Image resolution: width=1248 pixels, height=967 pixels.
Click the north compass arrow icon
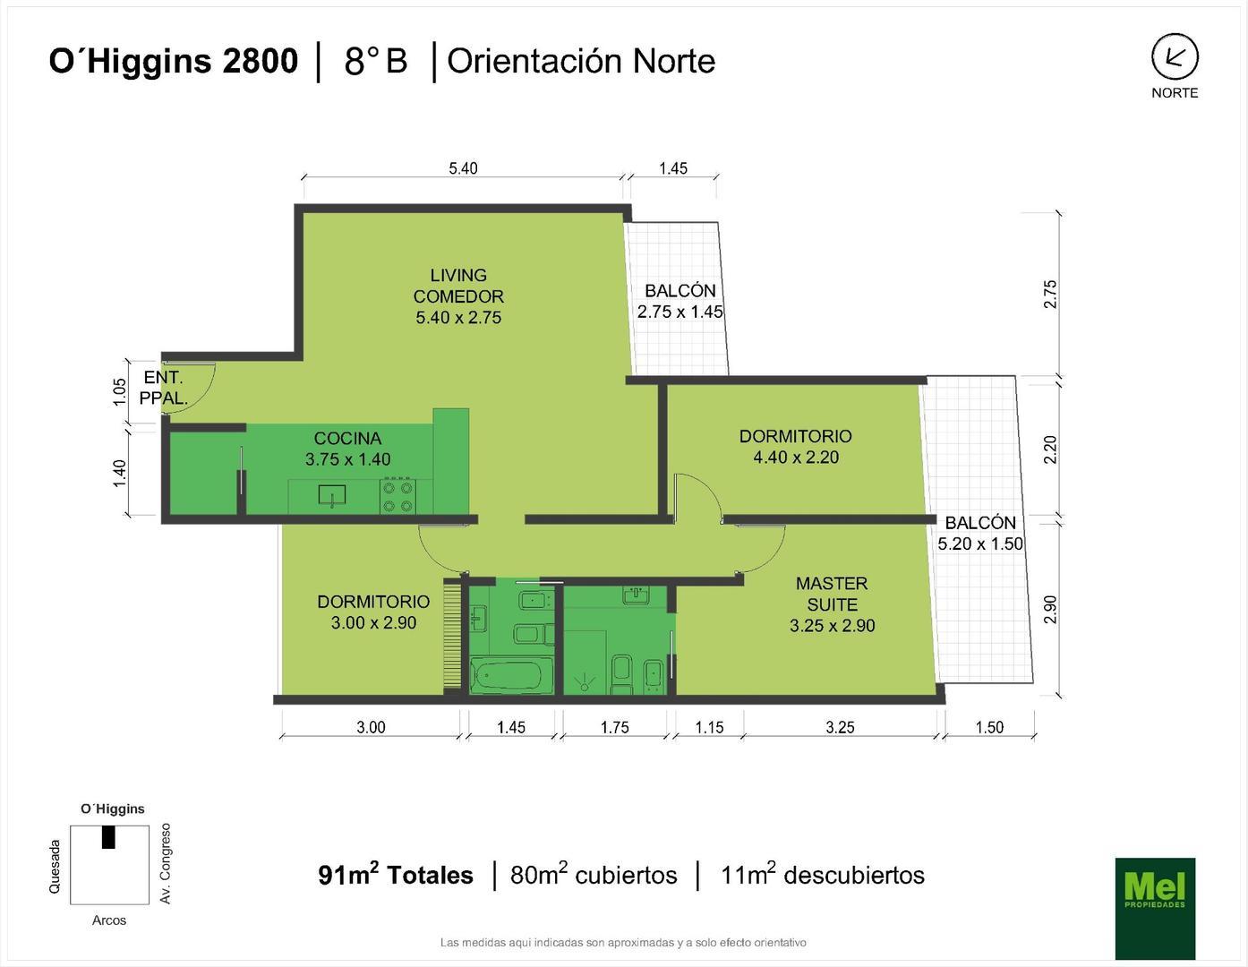click(1174, 58)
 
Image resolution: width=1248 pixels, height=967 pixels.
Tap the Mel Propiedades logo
click(1154, 907)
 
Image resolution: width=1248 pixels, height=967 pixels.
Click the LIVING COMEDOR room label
click(457, 296)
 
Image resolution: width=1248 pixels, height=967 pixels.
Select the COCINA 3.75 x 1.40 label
click(347, 449)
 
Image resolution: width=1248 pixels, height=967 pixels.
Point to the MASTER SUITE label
click(832, 604)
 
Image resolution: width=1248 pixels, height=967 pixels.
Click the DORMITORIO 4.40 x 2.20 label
click(795, 447)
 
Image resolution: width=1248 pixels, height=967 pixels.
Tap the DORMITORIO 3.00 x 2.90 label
click(373, 612)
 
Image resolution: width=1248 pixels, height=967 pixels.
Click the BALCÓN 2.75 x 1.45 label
click(680, 301)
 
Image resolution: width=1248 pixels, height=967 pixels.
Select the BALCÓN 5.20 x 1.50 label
click(980, 533)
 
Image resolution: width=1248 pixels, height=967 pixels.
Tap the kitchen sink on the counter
click(332, 495)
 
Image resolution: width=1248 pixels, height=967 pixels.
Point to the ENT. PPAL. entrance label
click(163, 389)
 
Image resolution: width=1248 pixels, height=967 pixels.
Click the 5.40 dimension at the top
click(463, 168)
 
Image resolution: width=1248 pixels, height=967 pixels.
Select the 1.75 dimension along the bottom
click(614, 727)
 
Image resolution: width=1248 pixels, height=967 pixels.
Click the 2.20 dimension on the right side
click(1050, 449)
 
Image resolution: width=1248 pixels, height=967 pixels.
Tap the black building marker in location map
click(108, 836)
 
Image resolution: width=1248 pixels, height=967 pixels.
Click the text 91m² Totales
click(395, 875)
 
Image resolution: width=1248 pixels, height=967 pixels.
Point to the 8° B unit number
click(375, 61)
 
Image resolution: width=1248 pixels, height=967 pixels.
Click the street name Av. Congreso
click(165, 863)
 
